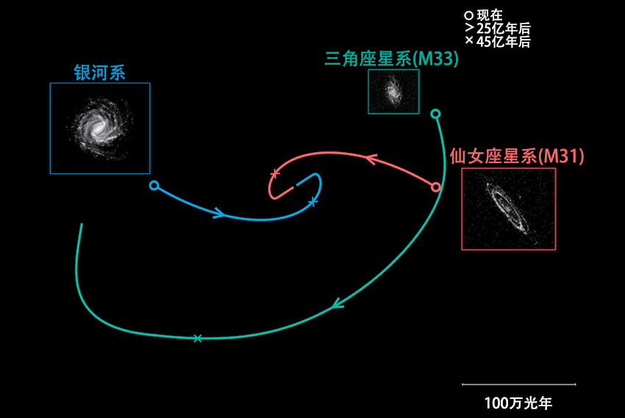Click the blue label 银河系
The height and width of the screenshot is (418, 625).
[x=100, y=72]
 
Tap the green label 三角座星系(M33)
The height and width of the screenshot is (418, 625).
[x=391, y=60]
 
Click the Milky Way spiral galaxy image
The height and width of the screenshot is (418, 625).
[x=100, y=129]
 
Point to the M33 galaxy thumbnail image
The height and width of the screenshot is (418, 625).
[x=393, y=91]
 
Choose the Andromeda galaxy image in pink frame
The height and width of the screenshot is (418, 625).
[x=508, y=209]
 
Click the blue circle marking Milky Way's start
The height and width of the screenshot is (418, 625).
[x=154, y=185]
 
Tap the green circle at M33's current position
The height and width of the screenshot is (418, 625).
[x=435, y=114]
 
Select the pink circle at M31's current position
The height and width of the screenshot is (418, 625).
[x=436, y=187]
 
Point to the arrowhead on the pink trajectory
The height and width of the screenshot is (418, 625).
[x=370, y=157]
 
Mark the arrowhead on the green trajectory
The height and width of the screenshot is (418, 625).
[x=337, y=303]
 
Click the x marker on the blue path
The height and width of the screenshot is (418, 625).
[x=312, y=201]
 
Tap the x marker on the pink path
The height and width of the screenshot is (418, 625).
[x=275, y=173]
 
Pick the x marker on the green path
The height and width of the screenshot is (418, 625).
[x=197, y=338]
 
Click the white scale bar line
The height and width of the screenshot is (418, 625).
[x=518, y=383]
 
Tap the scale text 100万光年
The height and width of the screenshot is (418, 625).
[x=518, y=403]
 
